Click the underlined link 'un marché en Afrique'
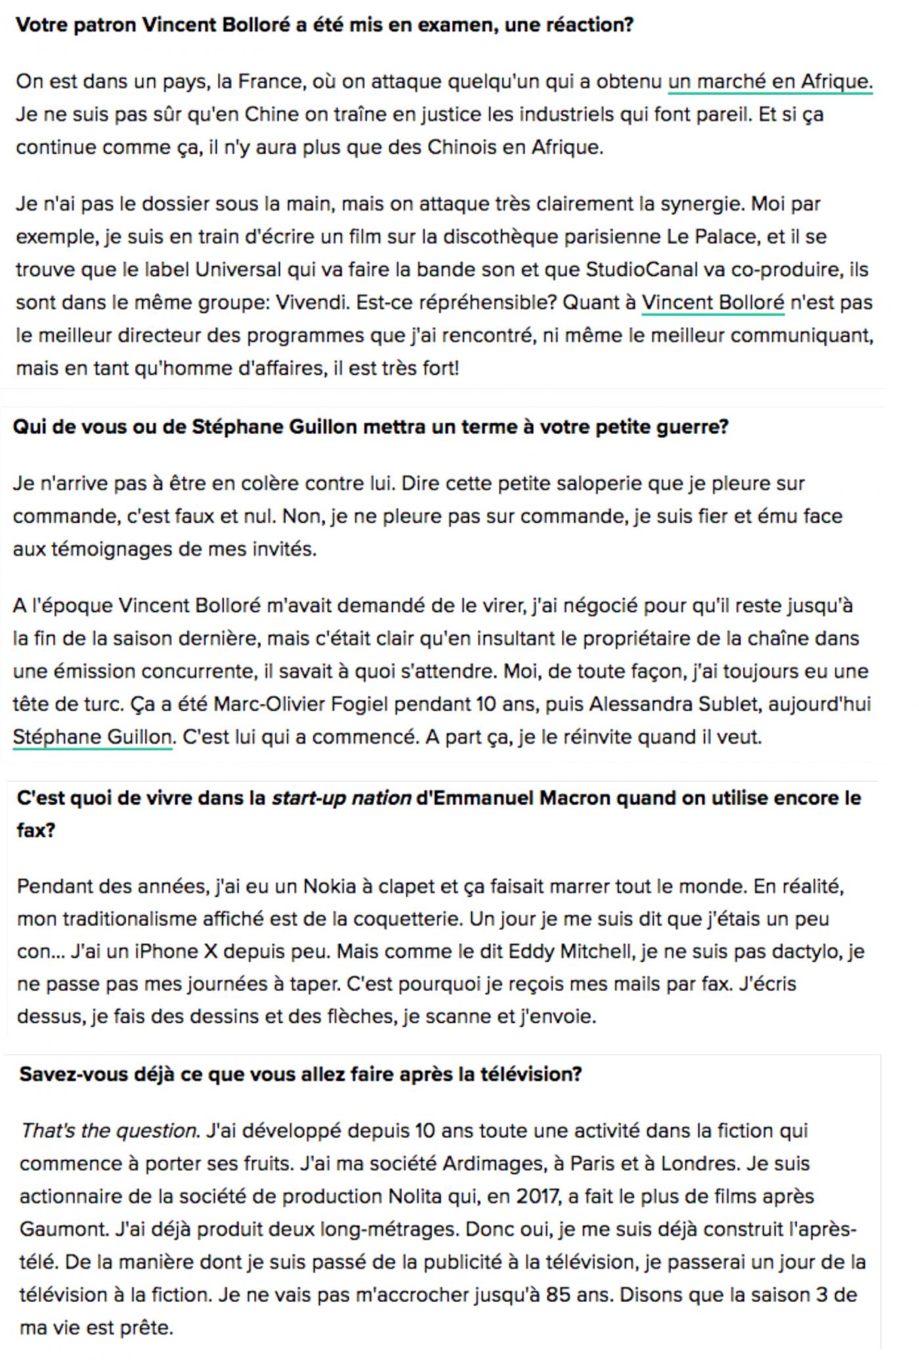click(x=769, y=82)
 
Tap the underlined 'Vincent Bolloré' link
click(x=712, y=303)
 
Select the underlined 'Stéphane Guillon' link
click(x=93, y=737)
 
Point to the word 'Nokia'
click(x=330, y=887)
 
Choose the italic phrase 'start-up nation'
click(x=341, y=799)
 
